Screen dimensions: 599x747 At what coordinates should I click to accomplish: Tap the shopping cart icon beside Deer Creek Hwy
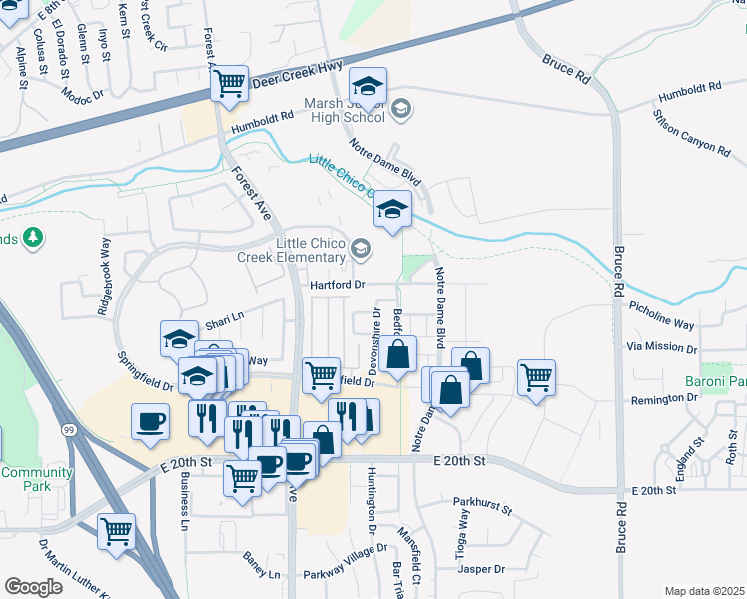tap(230, 82)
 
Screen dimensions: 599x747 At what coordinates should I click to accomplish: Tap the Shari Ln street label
tap(224, 321)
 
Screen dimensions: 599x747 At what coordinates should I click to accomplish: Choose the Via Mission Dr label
tap(660, 347)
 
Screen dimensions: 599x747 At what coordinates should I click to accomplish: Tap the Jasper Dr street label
tap(481, 569)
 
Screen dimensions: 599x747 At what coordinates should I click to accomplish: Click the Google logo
tap(33, 587)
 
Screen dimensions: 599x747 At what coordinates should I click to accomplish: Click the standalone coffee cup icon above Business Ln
tap(150, 421)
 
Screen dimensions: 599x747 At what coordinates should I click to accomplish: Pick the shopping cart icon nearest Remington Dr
tap(536, 377)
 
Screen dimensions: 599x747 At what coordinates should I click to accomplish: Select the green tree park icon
tap(34, 237)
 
